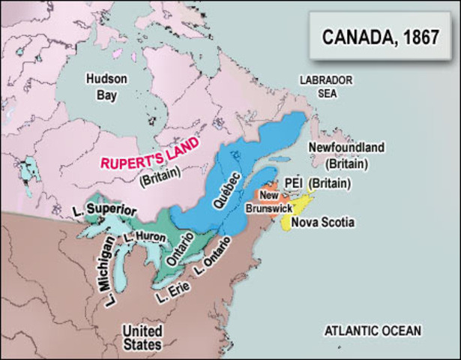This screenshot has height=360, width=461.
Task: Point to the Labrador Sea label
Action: (x=326, y=86)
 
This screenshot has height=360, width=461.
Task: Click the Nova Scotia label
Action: (x=322, y=223)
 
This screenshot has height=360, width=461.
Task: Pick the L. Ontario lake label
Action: (x=211, y=258)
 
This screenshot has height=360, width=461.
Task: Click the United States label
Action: (x=142, y=337)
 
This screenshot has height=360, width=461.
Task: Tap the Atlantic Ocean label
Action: (x=373, y=330)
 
